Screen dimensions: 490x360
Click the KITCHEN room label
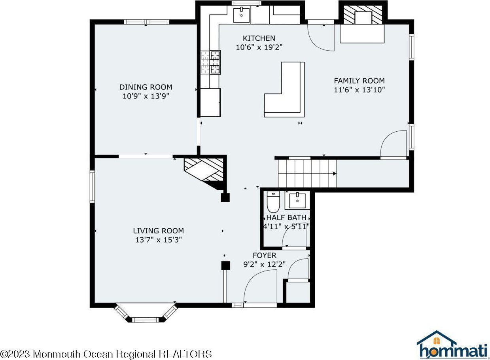pos(259,38)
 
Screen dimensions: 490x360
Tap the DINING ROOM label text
pos(146,87)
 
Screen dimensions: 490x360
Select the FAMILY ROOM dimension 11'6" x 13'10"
pos(359,90)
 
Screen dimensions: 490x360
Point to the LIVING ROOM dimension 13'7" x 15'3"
pos(159,240)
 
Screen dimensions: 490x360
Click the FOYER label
pos(265,256)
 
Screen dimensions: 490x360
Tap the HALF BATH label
pos(286,218)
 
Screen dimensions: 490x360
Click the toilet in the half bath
pos(273,202)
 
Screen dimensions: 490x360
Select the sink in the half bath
pos(297,200)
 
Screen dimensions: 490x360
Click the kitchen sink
pos(242,15)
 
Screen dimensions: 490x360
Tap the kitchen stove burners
pos(211,62)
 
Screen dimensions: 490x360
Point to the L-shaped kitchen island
pos(284,89)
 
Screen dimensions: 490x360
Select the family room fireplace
pos(362,24)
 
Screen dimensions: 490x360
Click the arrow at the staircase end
pos(335,174)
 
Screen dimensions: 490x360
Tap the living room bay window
pos(146,313)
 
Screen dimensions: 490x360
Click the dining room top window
pos(147,22)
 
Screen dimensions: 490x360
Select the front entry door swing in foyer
pos(260,286)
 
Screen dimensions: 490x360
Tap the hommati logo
pos(452,345)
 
